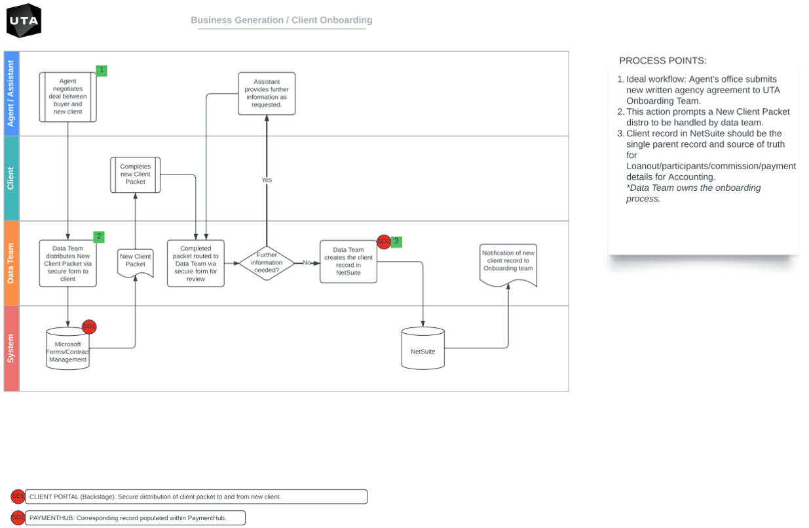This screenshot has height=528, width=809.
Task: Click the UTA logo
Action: pyautogui.click(x=24, y=20)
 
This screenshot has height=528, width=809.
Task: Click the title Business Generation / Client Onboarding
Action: pyautogui.click(x=282, y=20)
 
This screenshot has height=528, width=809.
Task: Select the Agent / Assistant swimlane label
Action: pyautogui.click(x=11, y=94)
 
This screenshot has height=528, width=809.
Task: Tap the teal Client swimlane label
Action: pyautogui.click(x=11, y=178)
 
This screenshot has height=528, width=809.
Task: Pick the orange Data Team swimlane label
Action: pyautogui.click(x=11, y=263)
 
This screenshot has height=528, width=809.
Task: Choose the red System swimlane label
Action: pyautogui.click(x=11, y=348)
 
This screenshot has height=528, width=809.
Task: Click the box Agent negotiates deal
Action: pyautogui.click(x=67, y=97)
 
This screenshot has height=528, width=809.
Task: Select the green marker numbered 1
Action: pyautogui.click(x=101, y=70)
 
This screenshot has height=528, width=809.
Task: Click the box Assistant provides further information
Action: pyautogui.click(x=267, y=93)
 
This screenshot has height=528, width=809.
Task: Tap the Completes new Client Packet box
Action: pyautogui.click(x=135, y=174)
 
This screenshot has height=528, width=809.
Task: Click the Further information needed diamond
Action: pyautogui.click(x=267, y=262)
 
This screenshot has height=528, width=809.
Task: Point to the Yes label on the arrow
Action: pyautogui.click(x=267, y=180)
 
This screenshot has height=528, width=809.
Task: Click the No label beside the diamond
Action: pyautogui.click(x=306, y=262)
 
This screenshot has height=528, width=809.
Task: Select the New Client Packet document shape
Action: pyautogui.click(x=136, y=262)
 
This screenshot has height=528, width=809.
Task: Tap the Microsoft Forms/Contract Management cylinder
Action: pyautogui.click(x=67, y=350)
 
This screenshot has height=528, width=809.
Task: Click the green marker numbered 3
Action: pyautogui.click(x=396, y=241)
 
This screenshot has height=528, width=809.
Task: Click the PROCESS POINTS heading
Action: pyautogui.click(x=662, y=61)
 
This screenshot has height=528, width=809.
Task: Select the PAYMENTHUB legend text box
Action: pyautogui.click(x=135, y=518)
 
